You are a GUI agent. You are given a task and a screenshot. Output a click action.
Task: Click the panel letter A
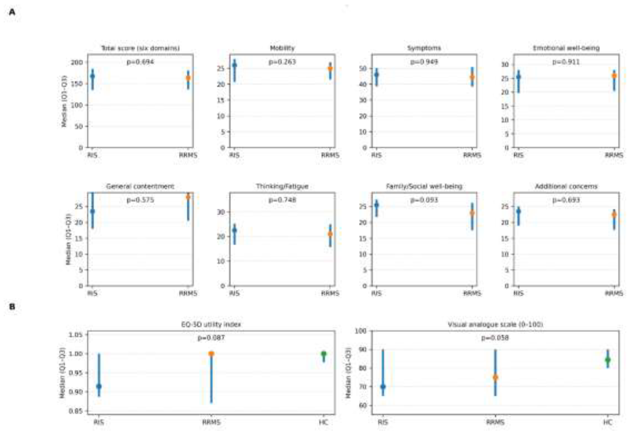[12, 12]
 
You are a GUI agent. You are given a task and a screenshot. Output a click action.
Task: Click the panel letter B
[12, 307]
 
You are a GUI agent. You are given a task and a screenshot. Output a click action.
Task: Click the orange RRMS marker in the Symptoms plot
[472, 77]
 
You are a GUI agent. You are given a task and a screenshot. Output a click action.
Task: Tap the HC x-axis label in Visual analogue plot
[608, 422]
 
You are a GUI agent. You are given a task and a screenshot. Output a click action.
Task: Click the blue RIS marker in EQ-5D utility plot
[99, 386]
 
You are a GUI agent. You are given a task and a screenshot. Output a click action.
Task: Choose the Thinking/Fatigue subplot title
[282, 186]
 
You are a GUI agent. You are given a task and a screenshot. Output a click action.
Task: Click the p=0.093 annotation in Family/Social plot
[424, 200]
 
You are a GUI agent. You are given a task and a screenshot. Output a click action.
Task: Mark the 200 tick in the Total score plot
[77, 62]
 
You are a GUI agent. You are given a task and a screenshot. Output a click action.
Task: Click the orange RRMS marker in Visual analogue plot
[495, 377]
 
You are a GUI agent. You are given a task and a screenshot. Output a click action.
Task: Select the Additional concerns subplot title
[566, 186]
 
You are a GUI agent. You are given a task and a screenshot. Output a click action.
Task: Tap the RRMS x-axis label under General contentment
[188, 293]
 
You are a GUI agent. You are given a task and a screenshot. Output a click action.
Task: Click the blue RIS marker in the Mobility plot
[235, 65]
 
